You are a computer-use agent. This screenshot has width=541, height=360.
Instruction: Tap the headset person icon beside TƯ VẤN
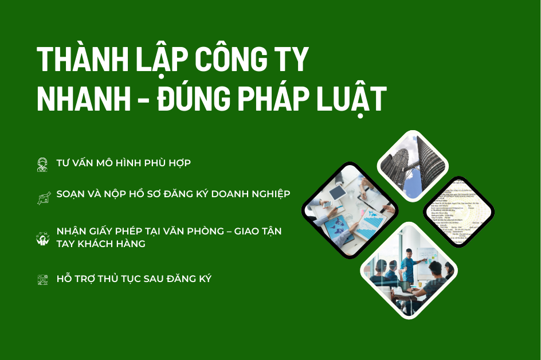point(42,163)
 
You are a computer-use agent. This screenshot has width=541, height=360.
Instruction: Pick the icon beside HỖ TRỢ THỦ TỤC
point(42,280)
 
